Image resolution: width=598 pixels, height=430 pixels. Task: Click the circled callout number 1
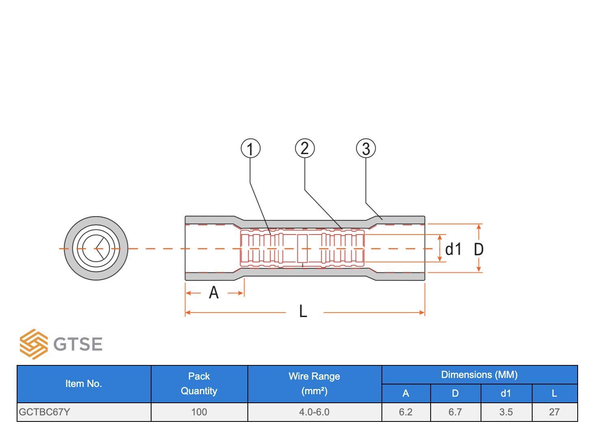[250, 148]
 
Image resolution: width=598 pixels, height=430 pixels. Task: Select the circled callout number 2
[305, 148]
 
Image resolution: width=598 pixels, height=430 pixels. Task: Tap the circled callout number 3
[366, 148]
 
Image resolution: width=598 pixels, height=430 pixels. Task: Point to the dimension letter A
[214, 293]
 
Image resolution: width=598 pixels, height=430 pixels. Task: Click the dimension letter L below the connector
[303, 311]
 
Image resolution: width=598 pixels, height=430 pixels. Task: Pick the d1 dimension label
[453, 249]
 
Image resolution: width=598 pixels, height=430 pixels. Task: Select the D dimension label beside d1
[479, 250]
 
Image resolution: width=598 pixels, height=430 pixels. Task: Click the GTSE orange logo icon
[34, 344]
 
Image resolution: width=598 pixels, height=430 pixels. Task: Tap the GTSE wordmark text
[78, 344]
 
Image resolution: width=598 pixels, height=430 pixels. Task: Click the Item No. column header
[84, 384]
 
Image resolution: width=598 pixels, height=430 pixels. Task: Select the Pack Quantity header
[199, 384]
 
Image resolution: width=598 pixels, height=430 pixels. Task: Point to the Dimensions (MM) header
[479, 375]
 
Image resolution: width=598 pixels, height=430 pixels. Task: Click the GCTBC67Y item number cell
[44, 412]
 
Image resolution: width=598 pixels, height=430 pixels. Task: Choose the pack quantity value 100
[199, 412]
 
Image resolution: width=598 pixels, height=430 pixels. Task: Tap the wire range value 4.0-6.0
[314, 412]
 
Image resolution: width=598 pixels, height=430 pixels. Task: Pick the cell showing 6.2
[406, 412]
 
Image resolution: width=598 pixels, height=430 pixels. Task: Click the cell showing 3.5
[506, 412]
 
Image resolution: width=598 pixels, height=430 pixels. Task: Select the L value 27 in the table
[555, 412]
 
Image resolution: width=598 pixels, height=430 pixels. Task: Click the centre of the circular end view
[96, 248]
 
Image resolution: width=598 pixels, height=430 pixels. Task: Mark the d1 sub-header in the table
[506, 393]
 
